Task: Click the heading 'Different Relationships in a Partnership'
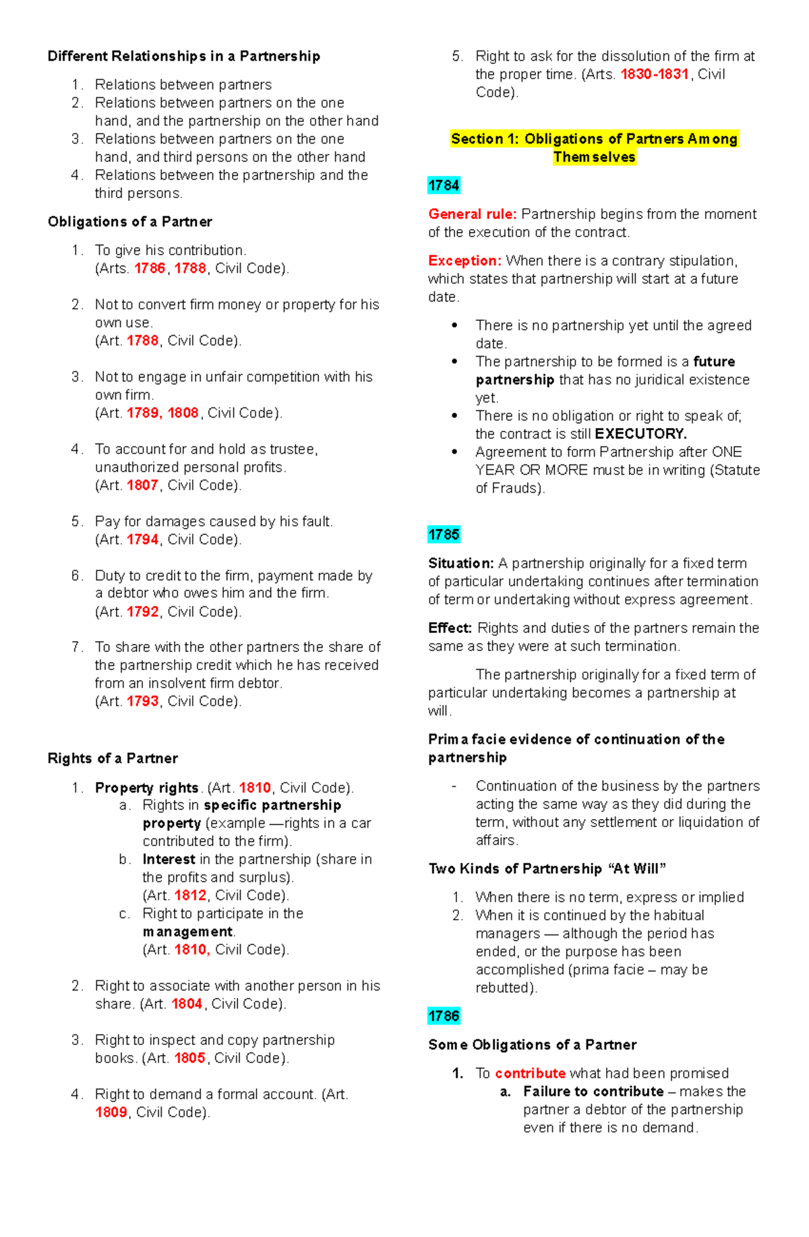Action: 183,56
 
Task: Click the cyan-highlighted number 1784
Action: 444,185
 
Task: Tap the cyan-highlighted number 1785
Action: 444,535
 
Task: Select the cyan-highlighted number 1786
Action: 444,1016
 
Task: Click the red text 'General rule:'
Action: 473,214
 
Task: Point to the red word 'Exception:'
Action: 465,261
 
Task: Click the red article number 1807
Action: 142,485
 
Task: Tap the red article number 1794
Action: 142,539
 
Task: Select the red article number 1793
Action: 142,701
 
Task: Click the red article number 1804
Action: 187,1004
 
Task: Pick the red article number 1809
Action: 111,1112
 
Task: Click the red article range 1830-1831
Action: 654,74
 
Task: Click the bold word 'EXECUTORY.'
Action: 640,434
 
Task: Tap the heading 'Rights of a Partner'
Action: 113,758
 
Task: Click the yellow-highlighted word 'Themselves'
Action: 594,157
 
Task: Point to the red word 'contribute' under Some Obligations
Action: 530,1073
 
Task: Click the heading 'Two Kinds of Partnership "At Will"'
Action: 547,869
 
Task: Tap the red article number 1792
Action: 142,611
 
